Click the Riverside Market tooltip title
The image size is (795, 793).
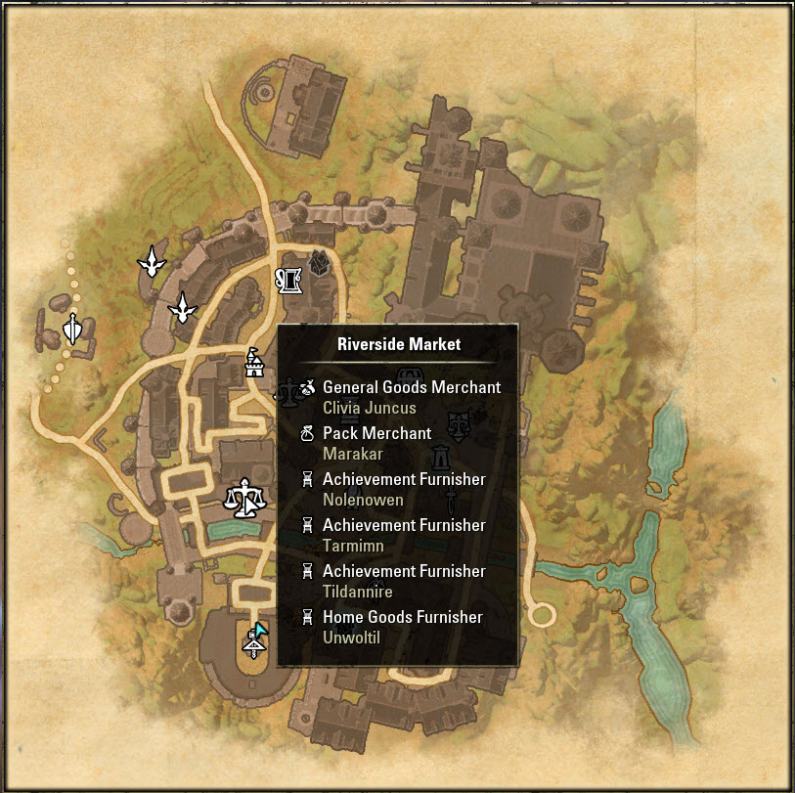point(398,344)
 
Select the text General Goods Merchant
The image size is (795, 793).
point(411,387)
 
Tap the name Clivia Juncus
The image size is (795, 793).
point(369,408)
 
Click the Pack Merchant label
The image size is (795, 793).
point(376,433)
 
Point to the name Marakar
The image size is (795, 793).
point(352,454)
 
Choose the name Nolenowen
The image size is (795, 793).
point(363,500)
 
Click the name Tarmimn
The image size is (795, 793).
point(353,546)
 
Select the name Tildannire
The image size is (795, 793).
point(357,592)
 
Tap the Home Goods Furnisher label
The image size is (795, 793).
point(402,617)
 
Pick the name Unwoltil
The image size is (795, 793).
point(351,638)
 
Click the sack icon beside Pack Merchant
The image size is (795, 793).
point(307,433)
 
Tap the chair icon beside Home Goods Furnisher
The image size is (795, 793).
point(307,617)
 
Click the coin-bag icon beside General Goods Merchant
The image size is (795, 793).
point(307,388)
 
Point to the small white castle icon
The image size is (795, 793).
point(253,364)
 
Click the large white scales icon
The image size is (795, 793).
point(244,498)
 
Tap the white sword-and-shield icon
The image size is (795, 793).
point(71,329)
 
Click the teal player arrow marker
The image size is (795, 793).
point(259,630)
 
